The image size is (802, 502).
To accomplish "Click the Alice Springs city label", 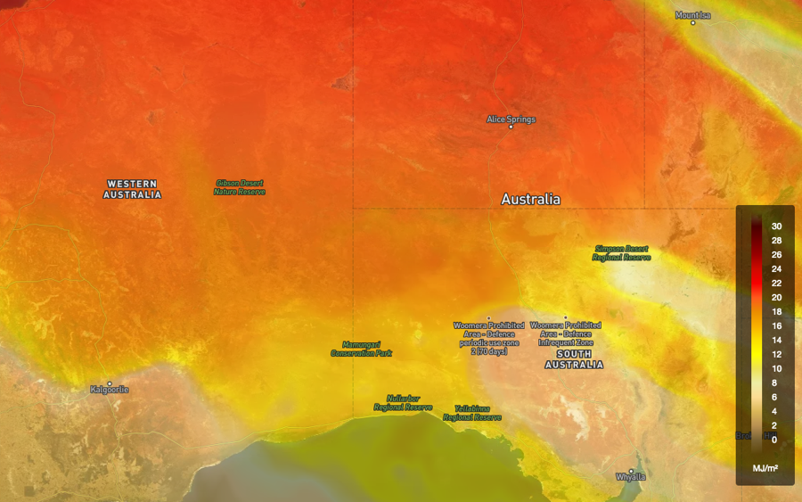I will (x=511, y=119).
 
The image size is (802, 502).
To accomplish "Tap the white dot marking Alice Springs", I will (x=511, y=127).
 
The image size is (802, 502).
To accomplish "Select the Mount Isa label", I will (x=692, y=15).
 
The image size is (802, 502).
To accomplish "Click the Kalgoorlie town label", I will (x=110, y=390).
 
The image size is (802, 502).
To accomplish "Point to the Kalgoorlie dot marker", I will (x=110, y=383).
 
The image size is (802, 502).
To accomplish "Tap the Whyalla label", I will (x=631, y=477).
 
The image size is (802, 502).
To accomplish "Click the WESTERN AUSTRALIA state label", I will (x=132, y=189).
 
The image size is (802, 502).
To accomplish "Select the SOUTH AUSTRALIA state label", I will (x=574, y=359).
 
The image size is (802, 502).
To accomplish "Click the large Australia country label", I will (x=530, y=199).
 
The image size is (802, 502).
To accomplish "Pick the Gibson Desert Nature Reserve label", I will (x=239, y=187).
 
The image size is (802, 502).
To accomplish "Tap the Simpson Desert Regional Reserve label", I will (x=622, y=252).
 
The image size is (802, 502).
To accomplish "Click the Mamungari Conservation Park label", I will (x=361, y=349).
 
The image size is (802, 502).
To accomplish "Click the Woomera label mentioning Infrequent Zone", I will (x=565, y=333).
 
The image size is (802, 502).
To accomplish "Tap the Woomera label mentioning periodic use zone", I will (x=488, y=338).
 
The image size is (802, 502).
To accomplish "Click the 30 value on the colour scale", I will (x=776, y=226).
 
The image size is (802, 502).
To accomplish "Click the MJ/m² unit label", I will (x=765, y=467).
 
